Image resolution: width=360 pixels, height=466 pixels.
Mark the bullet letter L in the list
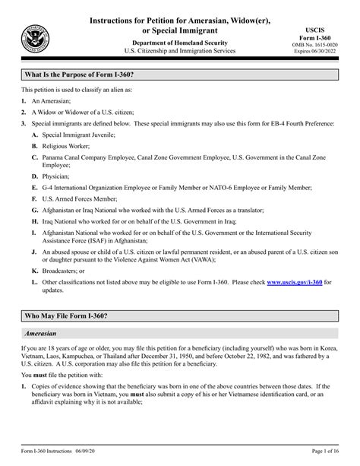coord(34,281)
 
